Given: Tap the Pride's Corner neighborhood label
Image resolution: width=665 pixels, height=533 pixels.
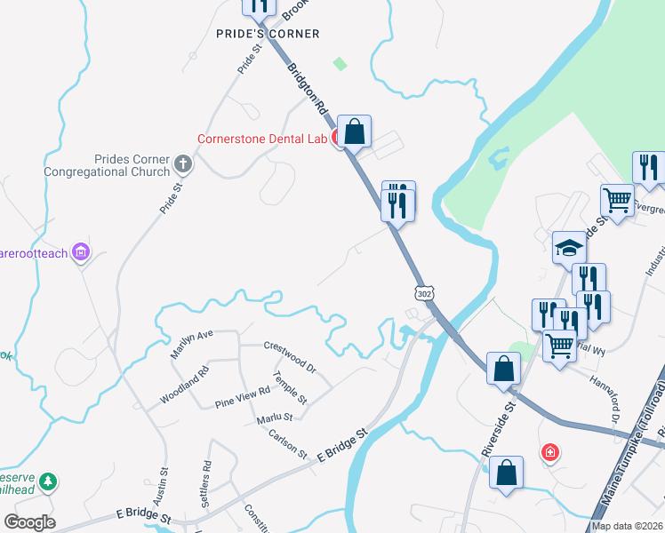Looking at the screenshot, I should coord(268,34).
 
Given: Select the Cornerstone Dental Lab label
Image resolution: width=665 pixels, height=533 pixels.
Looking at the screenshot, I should coord(262,139).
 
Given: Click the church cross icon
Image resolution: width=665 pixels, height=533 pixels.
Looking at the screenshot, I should coord(183,163).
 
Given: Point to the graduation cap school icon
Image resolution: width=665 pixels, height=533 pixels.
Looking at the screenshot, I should coord(569,247).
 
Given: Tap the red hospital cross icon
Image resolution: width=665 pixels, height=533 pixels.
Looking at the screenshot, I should coord(551,453).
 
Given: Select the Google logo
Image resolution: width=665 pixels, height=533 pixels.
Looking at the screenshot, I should coord(29,522).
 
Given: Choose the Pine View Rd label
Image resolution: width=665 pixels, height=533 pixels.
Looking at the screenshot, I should coord(242,398).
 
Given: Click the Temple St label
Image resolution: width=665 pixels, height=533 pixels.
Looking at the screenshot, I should coord(290,387).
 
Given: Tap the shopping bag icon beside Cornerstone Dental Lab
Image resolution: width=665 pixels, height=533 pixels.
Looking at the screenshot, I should coord(354,131).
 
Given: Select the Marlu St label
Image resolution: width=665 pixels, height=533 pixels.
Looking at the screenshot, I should coord(275,417).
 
